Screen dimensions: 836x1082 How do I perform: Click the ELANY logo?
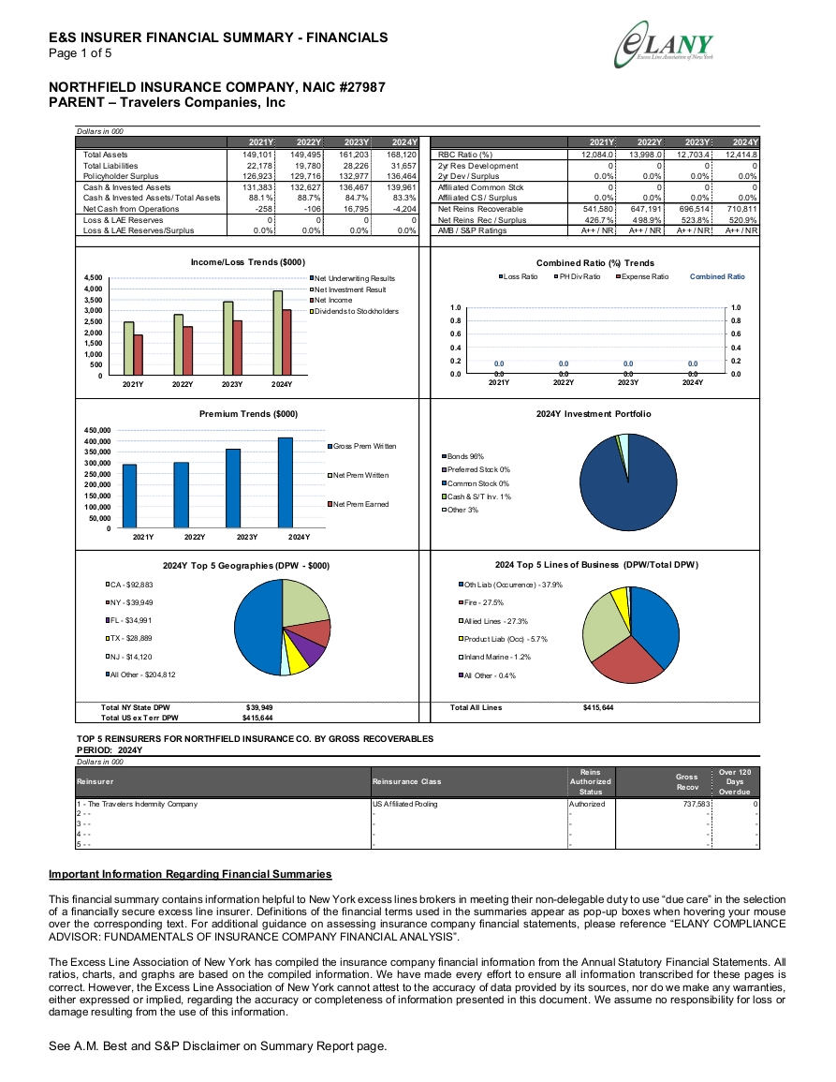(x=665, y=45)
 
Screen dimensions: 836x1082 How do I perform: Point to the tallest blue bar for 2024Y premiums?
(x=285, y=483)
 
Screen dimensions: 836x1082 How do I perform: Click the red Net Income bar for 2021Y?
(x=138, y=355)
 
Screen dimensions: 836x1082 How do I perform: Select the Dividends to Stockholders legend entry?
(x=355, y=311)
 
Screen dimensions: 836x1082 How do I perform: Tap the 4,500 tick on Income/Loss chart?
(x=94, y=277)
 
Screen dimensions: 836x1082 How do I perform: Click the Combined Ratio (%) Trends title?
(x=594, y=263)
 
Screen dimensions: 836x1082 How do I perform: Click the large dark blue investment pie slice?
(x=624, y=485)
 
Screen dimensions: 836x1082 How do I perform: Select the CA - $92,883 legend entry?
(x=130, y=585)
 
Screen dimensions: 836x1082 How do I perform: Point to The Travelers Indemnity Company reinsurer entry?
(x=138, y=804)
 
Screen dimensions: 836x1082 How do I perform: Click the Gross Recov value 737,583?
(x=696, y=804)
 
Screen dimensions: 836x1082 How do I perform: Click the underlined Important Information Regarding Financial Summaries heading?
(x=190, y=874)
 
